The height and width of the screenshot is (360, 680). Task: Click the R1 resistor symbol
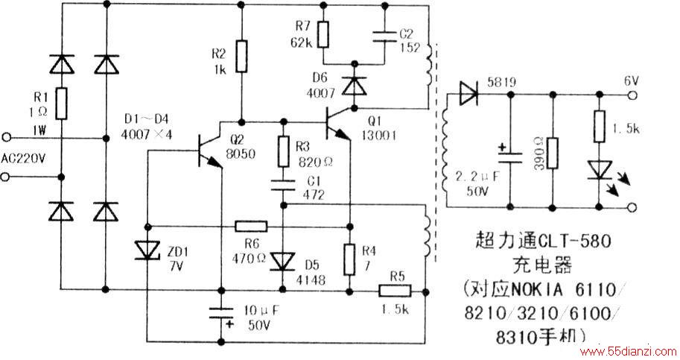[x=62, y=104]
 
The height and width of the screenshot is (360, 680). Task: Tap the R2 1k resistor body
[x=241, y=56]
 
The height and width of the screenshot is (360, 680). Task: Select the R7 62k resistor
[x=323, y=35]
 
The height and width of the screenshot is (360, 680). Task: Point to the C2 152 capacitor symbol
[x=384, y=37]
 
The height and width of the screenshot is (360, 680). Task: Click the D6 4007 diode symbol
[x=355, y=86]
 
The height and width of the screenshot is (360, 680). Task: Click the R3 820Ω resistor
[x=283, y=151]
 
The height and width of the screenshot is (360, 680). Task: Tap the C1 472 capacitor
[x=283, y=185]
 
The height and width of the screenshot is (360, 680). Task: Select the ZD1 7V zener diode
[x=147, y=250]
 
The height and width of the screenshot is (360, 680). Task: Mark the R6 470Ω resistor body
[x=251, y=226]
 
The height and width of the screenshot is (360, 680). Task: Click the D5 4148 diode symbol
[x=283, y=262]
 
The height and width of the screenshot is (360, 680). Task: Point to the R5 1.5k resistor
[x=395, y=291]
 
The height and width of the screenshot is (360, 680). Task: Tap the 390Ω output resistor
[x=553, y=153]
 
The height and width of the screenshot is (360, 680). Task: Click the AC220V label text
[x=23, y=158]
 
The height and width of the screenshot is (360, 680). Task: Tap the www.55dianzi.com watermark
[x=629, y=351]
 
